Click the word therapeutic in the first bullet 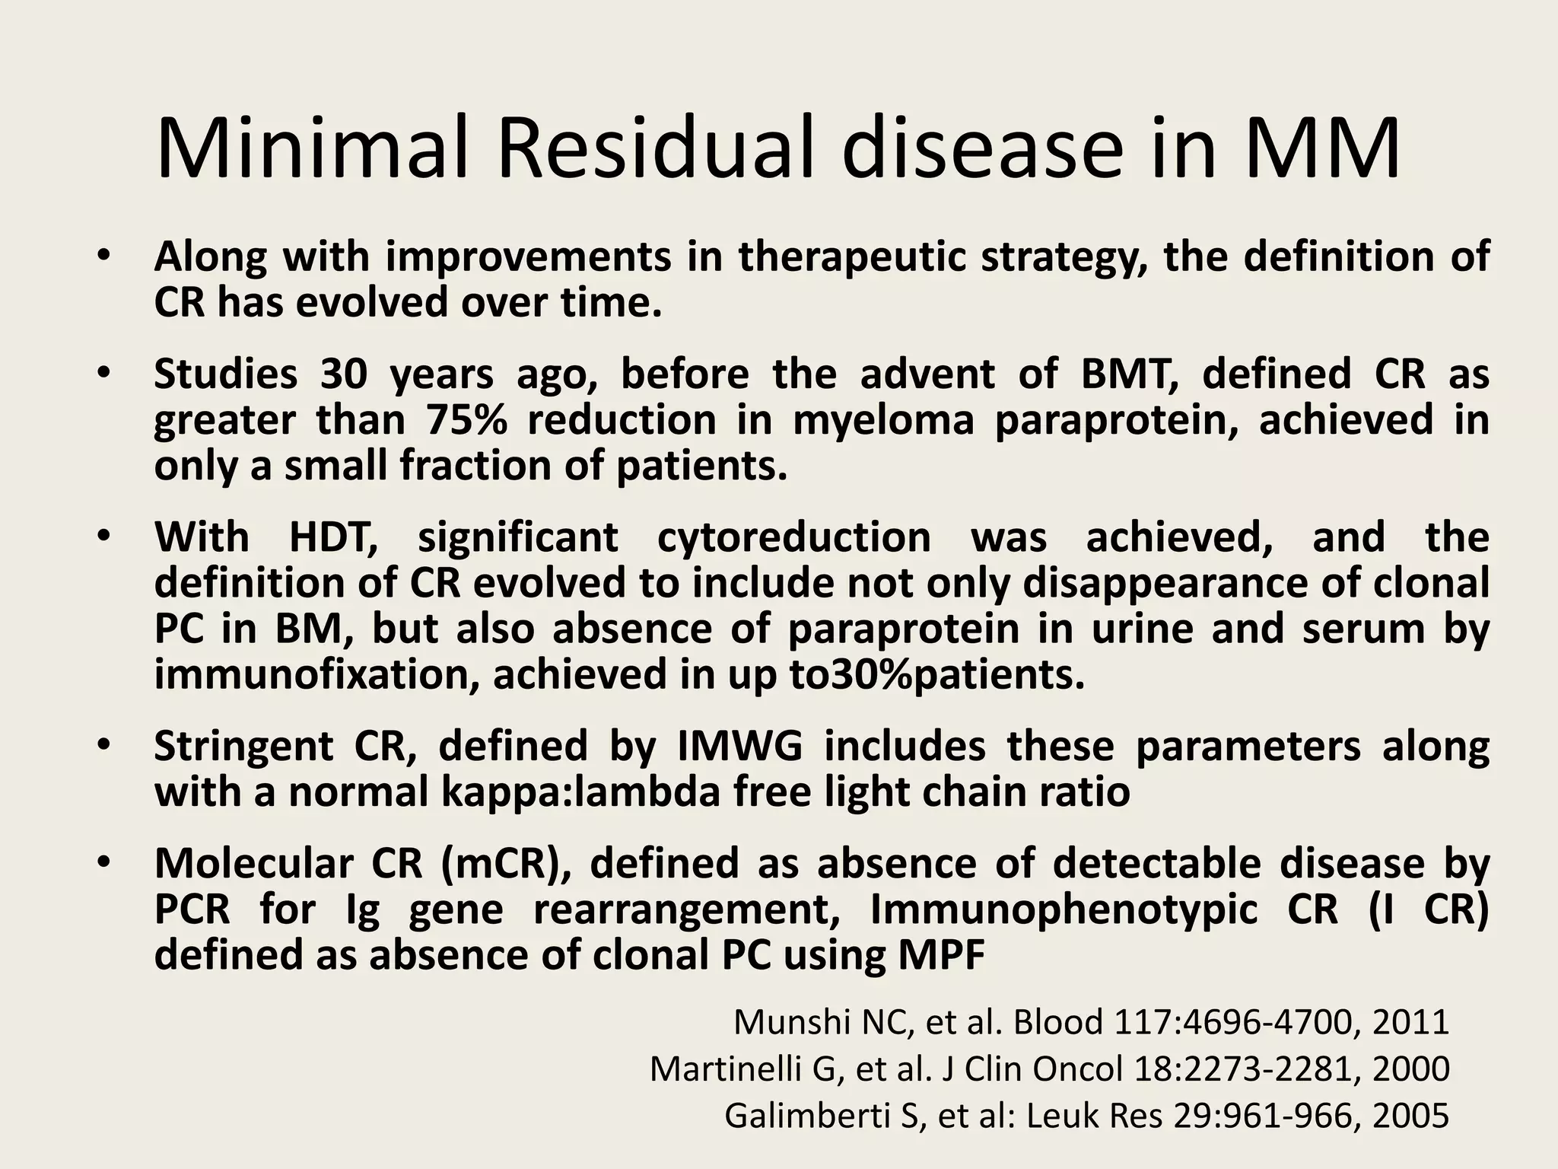(852, 256)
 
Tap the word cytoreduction (793, 537)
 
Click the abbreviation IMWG (739, 746)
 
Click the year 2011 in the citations (1410, 1022)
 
